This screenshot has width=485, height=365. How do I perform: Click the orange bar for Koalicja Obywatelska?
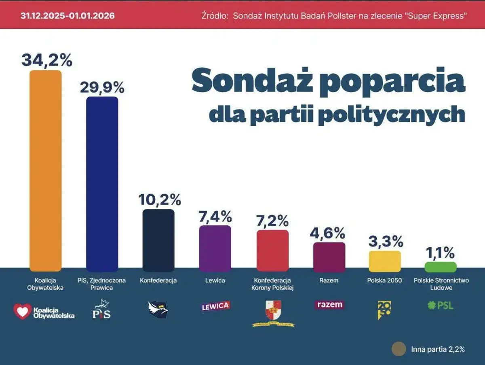point(46,170)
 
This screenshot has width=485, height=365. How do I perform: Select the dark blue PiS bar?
point(102,184)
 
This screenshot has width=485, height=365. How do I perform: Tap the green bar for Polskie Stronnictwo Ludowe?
point(440,267)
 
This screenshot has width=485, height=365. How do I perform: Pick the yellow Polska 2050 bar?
point(385,261)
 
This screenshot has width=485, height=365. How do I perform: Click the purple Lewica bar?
point(215,248)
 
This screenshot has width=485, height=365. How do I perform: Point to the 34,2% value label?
point(46,60)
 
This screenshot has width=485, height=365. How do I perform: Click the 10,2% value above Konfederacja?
point(159,199)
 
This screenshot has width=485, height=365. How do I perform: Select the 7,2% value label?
point(272,221)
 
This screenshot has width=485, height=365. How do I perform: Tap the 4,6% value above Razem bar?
point(329,233)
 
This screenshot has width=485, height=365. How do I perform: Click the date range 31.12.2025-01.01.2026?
point(67,16)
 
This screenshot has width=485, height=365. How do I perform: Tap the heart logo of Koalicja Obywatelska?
point(22,311)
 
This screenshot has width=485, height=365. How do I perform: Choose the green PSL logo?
point(440,305)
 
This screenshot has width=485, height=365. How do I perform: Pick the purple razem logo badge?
point(329,305)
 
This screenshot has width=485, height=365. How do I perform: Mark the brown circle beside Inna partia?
point(399,349)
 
